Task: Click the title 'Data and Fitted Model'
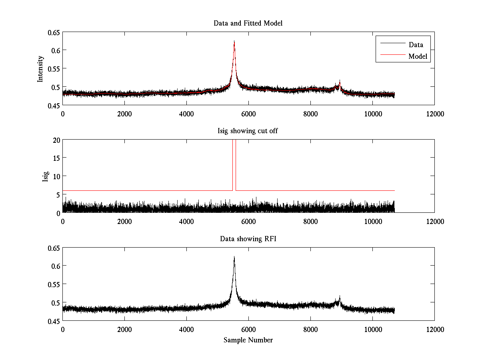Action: (248, 23)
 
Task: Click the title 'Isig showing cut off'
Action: (248, 131)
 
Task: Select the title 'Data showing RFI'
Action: (248, 239)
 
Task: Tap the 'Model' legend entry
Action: (418, 56)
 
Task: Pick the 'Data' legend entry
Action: (416, 44)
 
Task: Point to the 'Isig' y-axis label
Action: (45, 176)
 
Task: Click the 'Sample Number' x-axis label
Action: (248, 340)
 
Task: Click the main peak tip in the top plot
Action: (234, 41)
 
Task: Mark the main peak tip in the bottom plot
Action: (234, 257)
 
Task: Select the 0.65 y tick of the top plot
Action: (54, 32)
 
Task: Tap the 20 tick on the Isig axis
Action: (56, 140)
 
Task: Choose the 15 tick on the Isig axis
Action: (56, 158)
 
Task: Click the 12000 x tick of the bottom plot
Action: (434, 330)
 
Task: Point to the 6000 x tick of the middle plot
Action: (248, 222)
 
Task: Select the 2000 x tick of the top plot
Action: (124, 114)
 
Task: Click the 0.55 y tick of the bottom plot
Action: (54, 284)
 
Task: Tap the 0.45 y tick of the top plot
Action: (54, 105)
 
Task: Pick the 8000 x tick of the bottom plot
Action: (310, 330)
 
